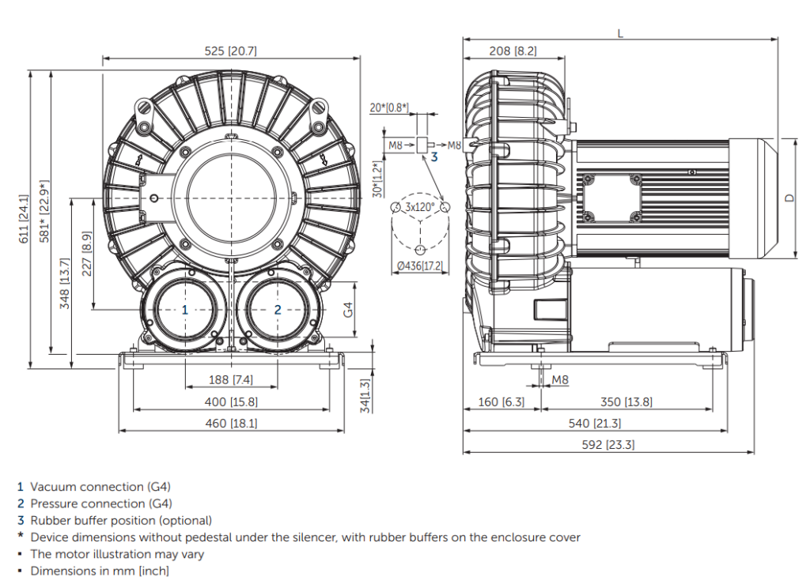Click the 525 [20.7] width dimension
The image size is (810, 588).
230,51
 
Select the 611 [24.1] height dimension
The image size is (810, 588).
24,219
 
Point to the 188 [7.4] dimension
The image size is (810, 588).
230,380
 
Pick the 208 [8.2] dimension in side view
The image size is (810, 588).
513,51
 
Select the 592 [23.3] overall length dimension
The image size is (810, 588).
607,445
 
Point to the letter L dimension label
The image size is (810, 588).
619,32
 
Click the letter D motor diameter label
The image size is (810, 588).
789,198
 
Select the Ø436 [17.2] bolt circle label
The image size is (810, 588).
419,267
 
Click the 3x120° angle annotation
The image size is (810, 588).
420,206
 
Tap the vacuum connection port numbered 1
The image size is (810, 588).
185,310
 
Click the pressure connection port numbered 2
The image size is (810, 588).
278,310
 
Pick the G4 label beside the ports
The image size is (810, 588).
348,309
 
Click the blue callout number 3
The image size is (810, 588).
433,157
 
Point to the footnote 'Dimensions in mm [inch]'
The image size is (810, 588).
100,571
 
